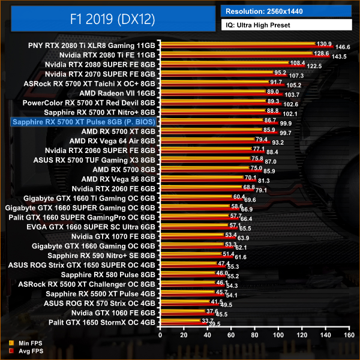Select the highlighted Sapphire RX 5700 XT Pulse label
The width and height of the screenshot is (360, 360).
tap(83, 122)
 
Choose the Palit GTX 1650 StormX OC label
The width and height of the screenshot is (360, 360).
tap(100, 322)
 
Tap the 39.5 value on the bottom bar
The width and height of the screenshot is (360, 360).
tap(214, 324)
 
